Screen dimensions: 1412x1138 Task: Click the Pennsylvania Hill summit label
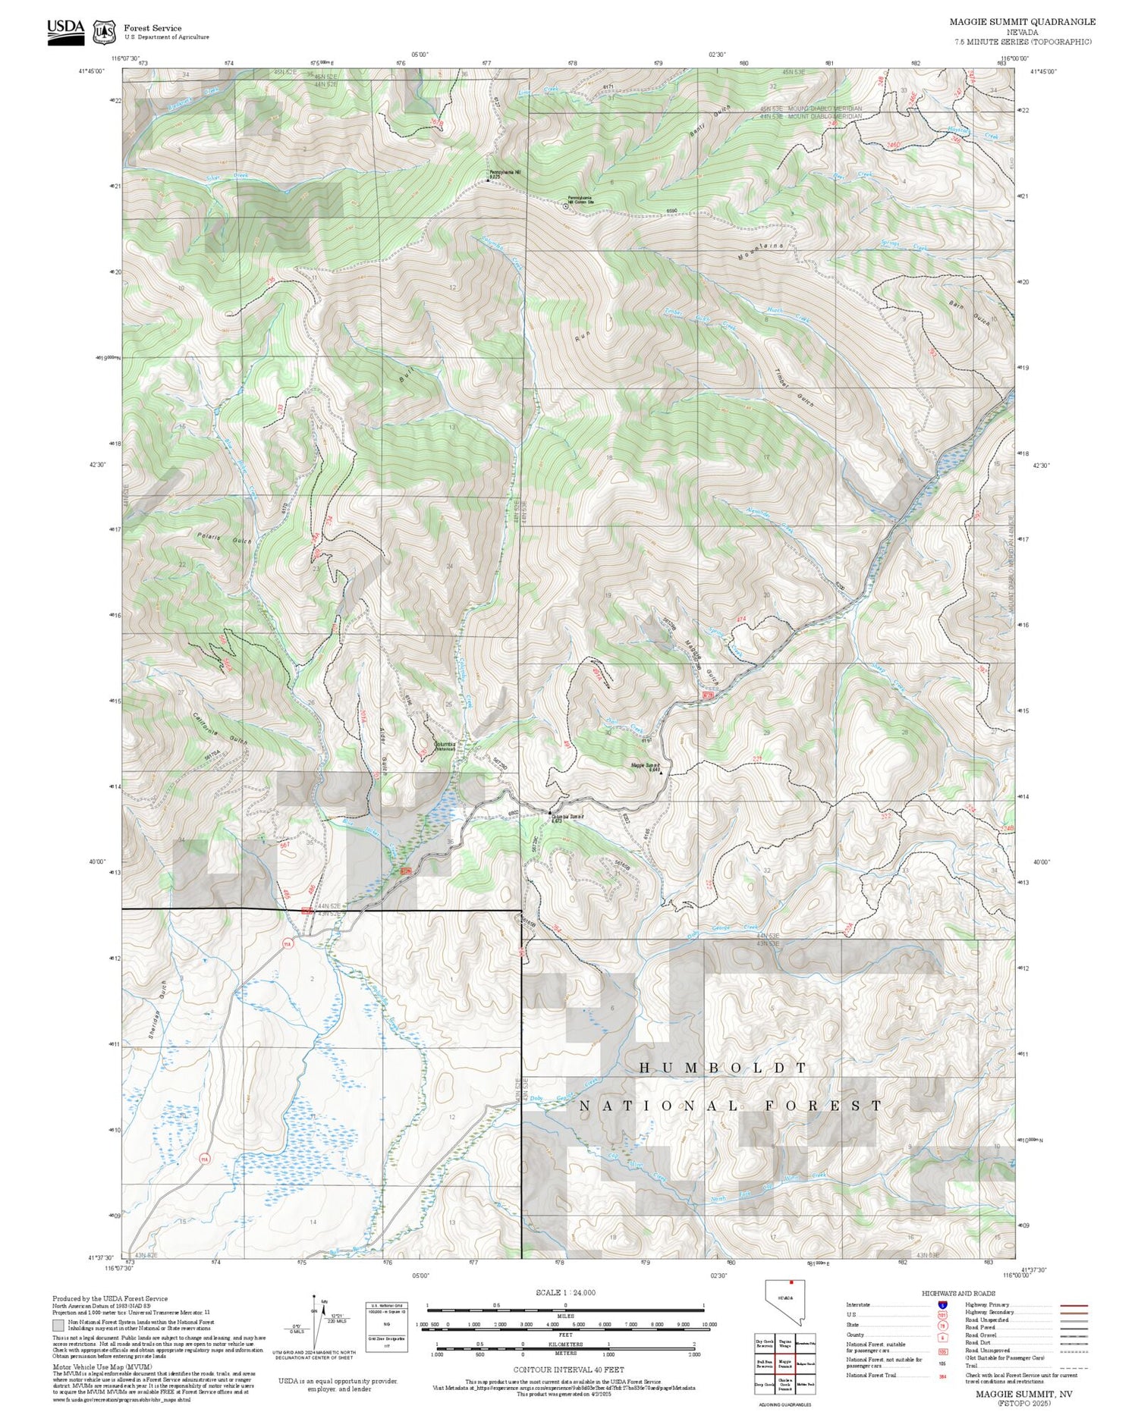505,172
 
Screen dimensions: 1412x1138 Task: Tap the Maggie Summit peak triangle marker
661,773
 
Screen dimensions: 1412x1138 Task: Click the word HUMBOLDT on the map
722,1068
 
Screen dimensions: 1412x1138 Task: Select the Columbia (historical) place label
445,746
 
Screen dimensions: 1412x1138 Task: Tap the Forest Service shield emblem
105,33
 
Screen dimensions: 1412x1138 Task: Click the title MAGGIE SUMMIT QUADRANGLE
1022,22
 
